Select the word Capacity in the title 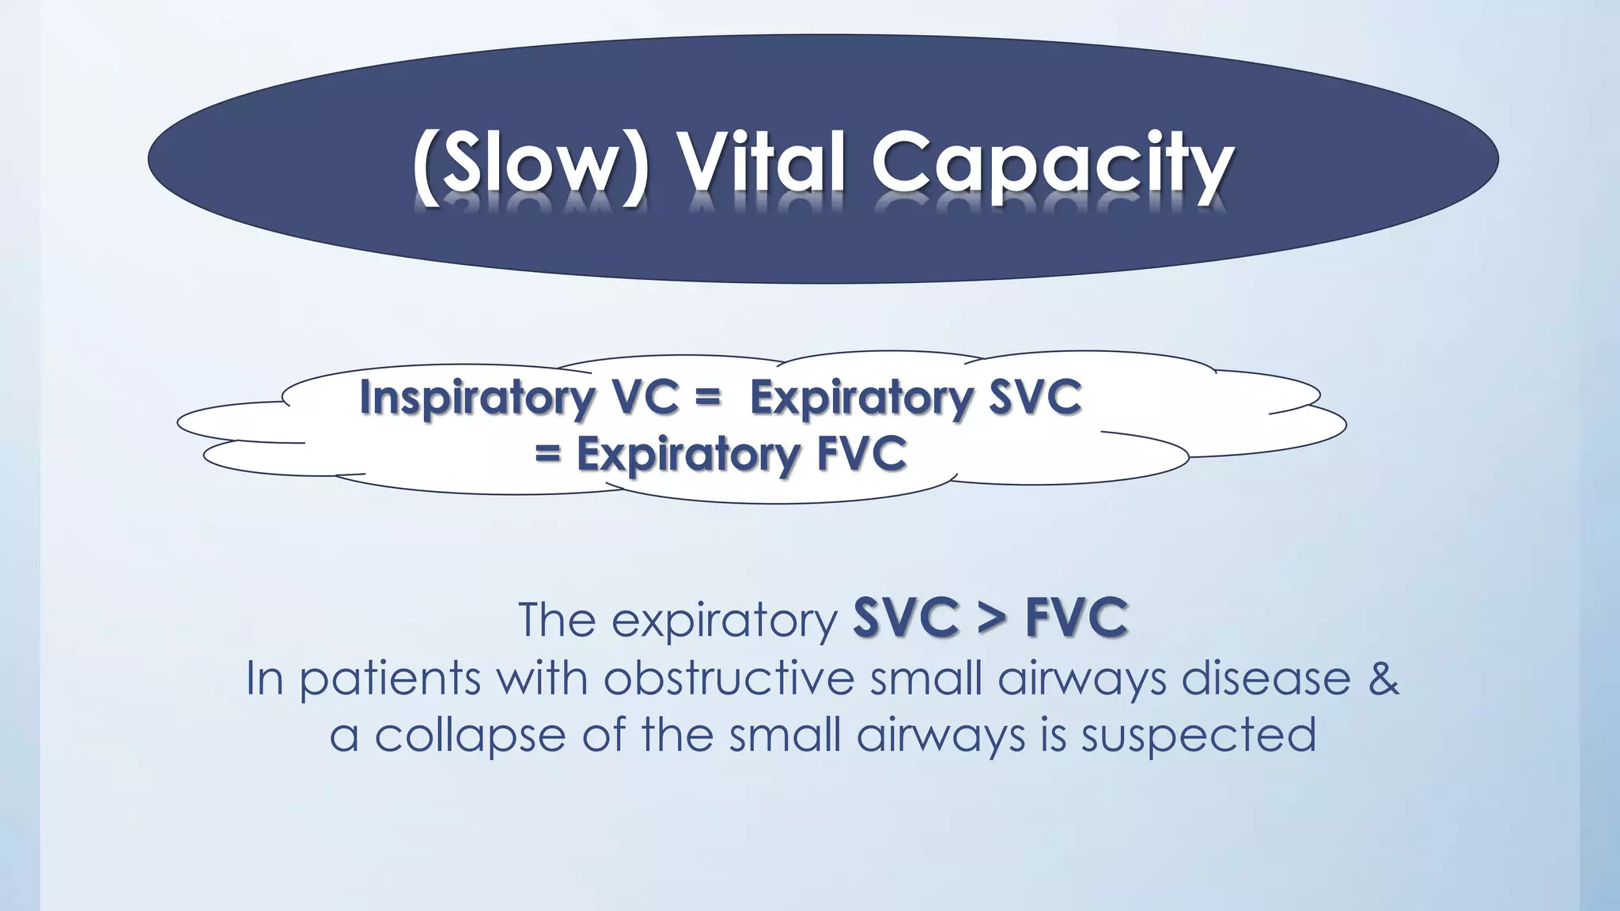click(x=1052, y=168)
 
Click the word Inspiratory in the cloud click(x=476, y=398)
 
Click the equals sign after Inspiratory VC click(x=708, y=399)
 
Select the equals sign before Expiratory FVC click(x=547, y=455)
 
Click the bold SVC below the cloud click(x=906, y=618)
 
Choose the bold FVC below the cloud click(x=1077, y=618)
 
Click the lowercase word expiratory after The click(x=724, y=622)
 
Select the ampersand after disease click(x=1383, y=679)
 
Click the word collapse click(x=470, y=736)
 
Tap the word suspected click(x=1198, y=736)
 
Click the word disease click(x=1266, y=679)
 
